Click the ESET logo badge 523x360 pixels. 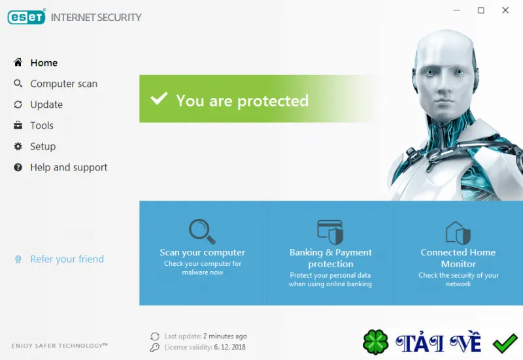pos(26,17)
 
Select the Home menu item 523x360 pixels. pos(44,63)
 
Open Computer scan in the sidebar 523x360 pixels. pos(63,84)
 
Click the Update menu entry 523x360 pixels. pos(46,105)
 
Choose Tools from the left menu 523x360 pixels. pos(42,125)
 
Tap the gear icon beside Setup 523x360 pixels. pos(18,146)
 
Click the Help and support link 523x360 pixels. pos(69,167)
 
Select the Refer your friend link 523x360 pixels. pos(67,259)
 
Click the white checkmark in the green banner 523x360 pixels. pos(159,99)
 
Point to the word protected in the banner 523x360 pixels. pos(273,101)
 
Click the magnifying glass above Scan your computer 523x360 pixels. pos(202,231)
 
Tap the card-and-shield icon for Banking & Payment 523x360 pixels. pos(330,232)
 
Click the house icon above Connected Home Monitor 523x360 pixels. pos(458,233)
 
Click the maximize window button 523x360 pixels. pos(481,10)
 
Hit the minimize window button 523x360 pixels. pos(456,10)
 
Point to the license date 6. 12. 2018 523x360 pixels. pos(230,348)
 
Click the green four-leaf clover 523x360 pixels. pos(375,342)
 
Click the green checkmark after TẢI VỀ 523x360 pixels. pos(505,343)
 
